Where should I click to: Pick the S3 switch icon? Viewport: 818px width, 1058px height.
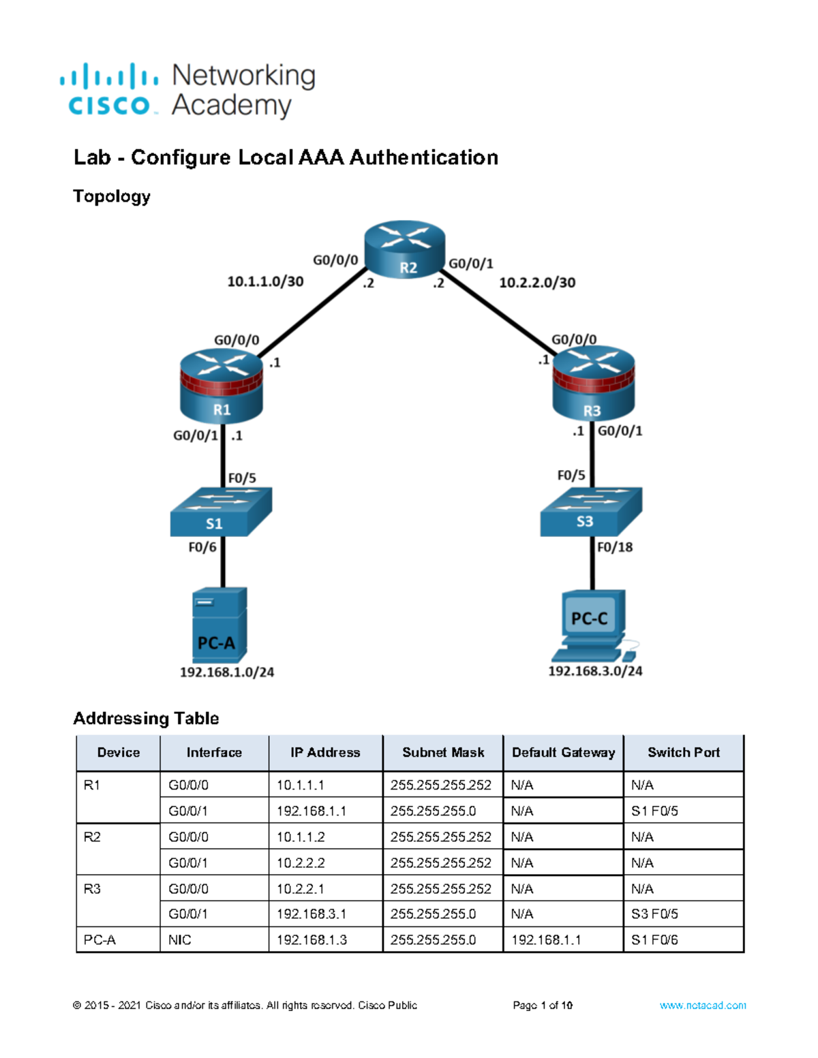(x=591, y=511)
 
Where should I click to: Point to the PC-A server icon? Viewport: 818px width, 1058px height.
(x=219, y=625)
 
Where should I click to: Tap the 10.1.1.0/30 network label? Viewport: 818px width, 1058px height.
(x=265, y=281)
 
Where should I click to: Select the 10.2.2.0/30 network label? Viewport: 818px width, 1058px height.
(x=537, y=282)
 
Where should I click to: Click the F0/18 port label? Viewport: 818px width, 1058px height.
(x=614, y=547)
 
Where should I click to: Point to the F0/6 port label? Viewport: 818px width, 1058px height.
(x=202, y=547)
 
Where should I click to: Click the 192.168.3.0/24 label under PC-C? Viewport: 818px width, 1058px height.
(x=595, y=671)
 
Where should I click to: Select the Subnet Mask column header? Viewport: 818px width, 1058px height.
(x=443, y=752)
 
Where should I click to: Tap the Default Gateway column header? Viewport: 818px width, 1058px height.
(x=563, y=752)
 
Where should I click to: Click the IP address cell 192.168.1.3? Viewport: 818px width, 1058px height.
(x=312, y=939)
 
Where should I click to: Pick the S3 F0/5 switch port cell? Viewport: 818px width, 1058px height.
(x=654, y=914)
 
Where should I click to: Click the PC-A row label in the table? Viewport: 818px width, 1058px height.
(x=100, y=939)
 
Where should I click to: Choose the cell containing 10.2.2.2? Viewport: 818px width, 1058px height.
(x=301, y=862)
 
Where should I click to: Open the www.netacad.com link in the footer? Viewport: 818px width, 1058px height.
(x=702, y=1006)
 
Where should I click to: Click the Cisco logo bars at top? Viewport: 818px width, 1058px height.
(x=109, y=76)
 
